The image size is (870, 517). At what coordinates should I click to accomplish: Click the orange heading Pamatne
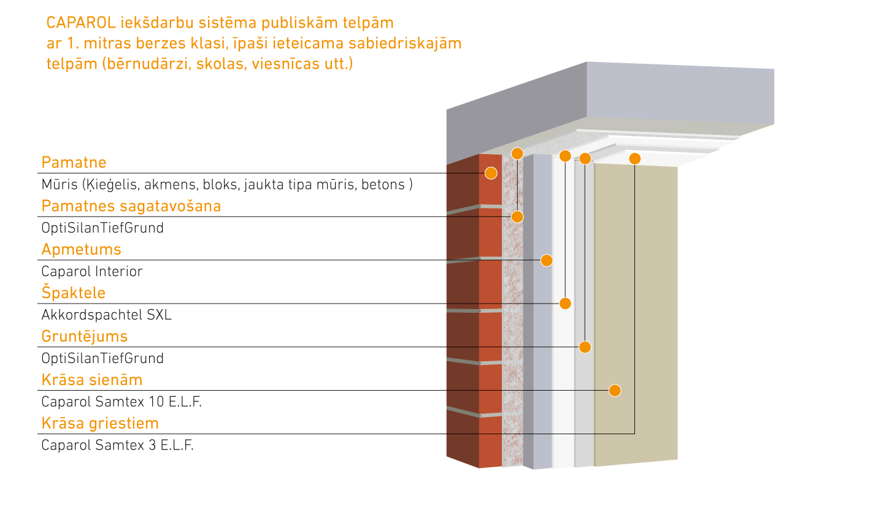(x=74, y=163)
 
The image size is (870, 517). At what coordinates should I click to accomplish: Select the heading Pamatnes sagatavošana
(x=131, y=206)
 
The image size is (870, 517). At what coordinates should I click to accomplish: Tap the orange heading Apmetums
(x=81, y=250)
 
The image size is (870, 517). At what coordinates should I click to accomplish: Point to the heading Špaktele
(x=73, y=293)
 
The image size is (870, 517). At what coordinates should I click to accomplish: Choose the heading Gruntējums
(x=84, y=337)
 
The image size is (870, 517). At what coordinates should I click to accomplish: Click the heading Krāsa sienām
(x=91, y=380)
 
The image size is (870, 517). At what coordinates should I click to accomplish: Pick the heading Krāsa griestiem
(x=99, y=424)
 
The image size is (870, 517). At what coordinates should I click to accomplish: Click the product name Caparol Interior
(x=91, y=272)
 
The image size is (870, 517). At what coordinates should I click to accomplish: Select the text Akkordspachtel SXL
(x=106, y=315)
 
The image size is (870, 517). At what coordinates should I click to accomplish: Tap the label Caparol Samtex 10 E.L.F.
(x=121, y=402)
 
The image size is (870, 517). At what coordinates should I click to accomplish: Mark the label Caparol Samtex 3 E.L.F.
(x=117, y=446)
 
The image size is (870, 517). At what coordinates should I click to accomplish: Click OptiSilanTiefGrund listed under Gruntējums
(x=102, y=359)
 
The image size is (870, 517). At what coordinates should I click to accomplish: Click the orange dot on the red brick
(x=491, y=173)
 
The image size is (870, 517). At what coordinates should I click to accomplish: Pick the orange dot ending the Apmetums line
(x=547, y=260)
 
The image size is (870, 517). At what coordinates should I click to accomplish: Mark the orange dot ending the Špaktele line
(x=566, y=304)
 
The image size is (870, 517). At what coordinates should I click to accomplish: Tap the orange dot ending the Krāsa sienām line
(x=615, y=391)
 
